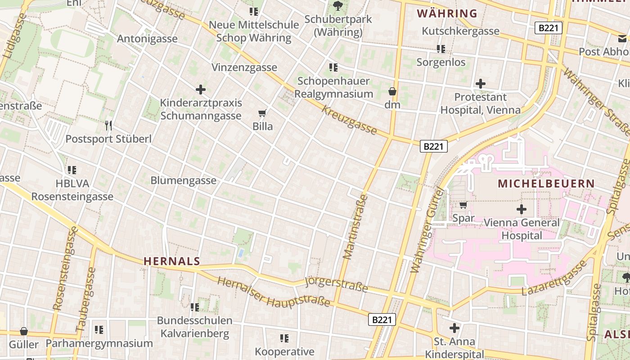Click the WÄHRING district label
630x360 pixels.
tap(447, 13)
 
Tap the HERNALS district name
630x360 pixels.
tap(171, 261)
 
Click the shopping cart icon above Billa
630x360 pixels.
tap(262, 113)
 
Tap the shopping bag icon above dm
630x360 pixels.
tap(392, 91)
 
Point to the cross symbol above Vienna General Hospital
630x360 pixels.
tap(522, 209)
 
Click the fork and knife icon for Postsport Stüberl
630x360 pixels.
tap(108, 125)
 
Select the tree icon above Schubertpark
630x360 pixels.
tap(337, 6)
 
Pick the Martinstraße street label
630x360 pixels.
tap(355, 227)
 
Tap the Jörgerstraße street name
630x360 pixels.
tap(336, 284)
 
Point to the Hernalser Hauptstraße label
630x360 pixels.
tap(274, 292)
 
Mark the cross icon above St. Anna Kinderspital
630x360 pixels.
tap(454, 328)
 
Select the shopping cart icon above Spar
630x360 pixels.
tap(463, 205)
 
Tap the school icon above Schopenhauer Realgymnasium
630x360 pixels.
tap(333, 67)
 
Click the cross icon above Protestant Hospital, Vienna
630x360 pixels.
tap(480, 83)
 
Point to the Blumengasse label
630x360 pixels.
tap(183, 180)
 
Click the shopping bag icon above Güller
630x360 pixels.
tap(24, 331)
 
